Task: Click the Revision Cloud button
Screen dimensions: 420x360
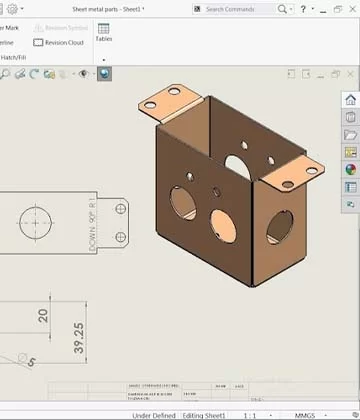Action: [59, 43]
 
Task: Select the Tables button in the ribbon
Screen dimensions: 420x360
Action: [103, 35]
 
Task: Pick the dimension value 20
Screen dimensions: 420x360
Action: [43, 316]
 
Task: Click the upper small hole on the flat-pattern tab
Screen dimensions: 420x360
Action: [121, 208]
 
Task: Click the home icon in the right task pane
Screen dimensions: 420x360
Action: [350, 100]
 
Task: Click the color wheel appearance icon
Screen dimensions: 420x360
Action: [350, 169]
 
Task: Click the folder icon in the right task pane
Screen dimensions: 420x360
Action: [350, 134]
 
